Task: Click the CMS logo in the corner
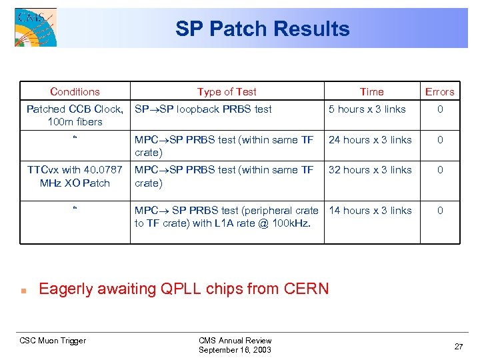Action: (35, 27)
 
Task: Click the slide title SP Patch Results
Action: (262, 29)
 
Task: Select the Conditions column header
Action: (75, 92)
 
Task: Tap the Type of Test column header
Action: (227, 92)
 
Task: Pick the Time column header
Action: (371, 92)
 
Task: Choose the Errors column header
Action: (439, 92)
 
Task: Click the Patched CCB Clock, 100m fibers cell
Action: (75, 115)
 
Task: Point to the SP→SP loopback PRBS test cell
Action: (203, 109)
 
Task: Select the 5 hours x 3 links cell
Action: (367, 109)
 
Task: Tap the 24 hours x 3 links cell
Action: (370, 140)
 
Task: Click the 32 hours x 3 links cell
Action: (370, 170)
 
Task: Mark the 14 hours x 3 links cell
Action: (370, 211)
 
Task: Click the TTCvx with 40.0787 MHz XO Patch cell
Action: (75, 176)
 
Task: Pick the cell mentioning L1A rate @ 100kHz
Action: (227, 217)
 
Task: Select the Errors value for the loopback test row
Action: (439, 109)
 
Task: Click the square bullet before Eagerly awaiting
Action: (23, 291)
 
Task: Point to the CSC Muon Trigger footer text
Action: (53, 341)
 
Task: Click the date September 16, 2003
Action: (235, 350)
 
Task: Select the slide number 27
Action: (459, 347)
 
